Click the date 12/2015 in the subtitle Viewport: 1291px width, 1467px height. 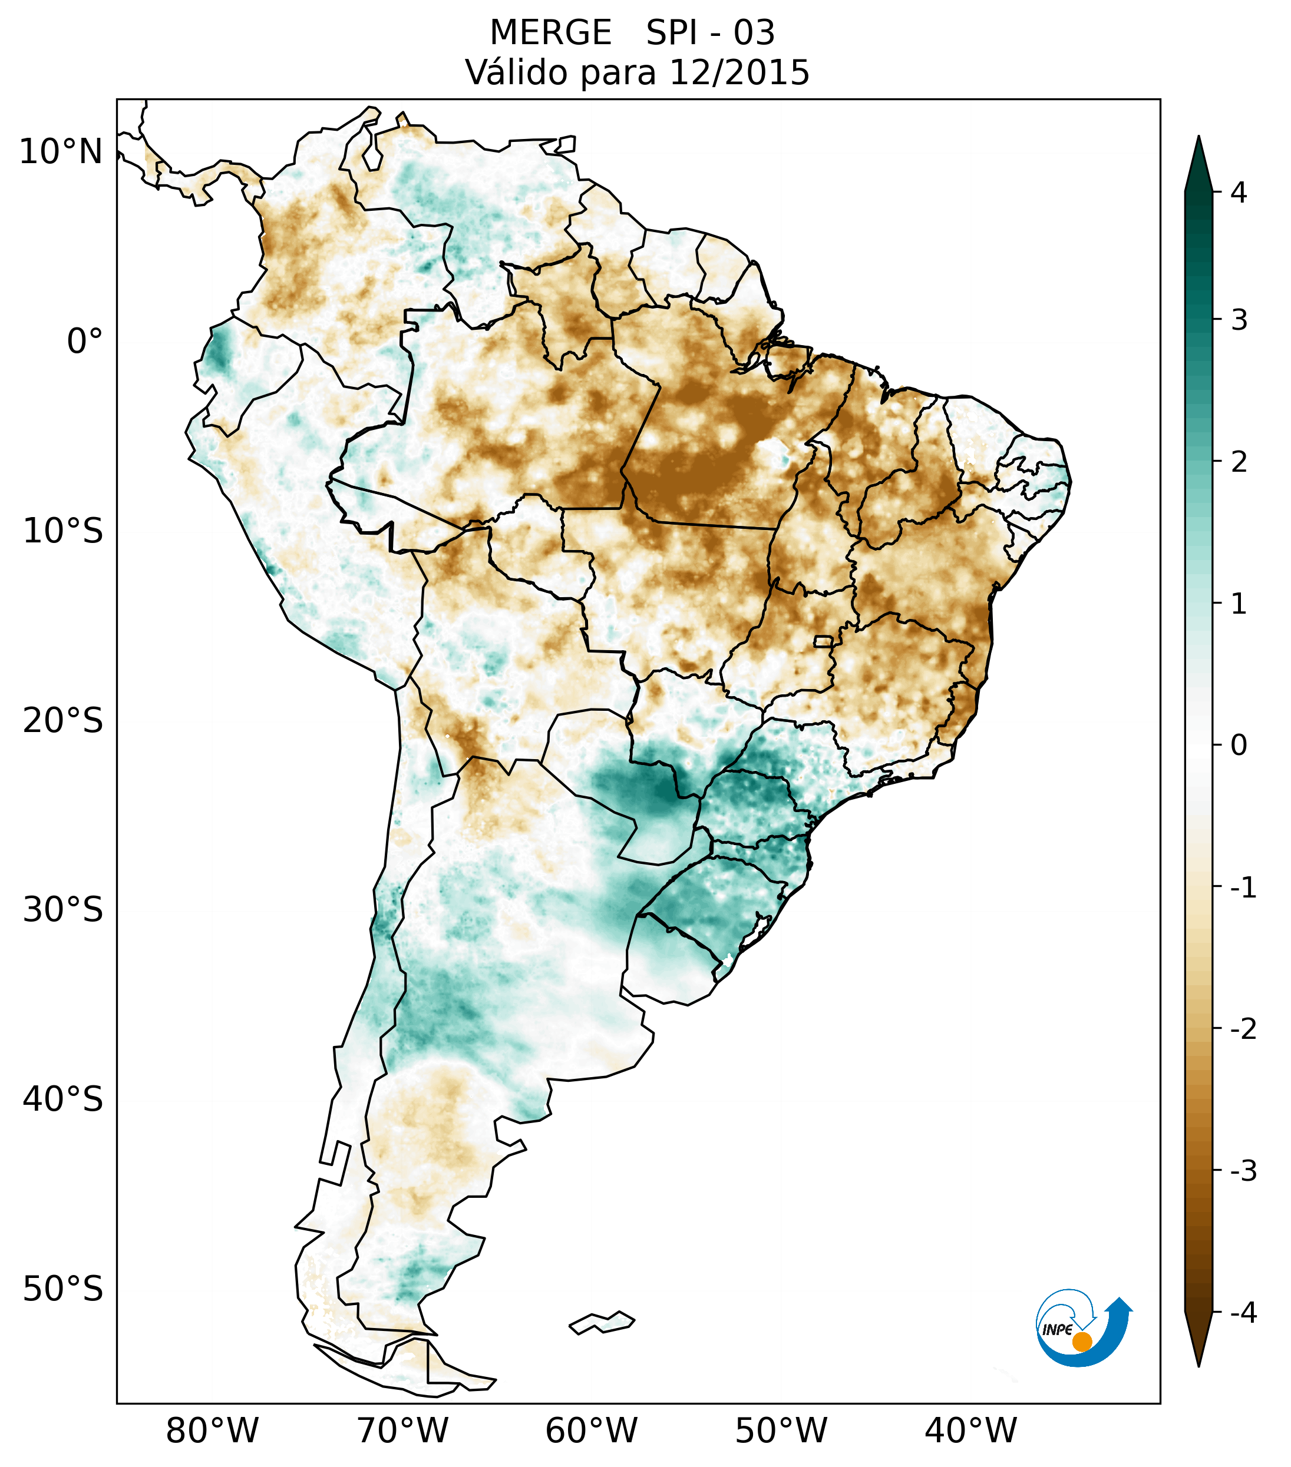(739, 72)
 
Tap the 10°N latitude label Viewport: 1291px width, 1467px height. (61, 152)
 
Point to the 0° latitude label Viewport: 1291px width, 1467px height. (85, 342)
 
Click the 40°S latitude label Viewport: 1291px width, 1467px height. (63, 1100)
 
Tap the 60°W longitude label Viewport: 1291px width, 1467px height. (591, 1430)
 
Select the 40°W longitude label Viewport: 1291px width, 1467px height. (971, 1430)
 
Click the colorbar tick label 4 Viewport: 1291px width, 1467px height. (1239, 193)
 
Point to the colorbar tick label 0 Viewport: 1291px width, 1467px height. (1239, 746)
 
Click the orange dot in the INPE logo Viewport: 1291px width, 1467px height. (1082, 1342)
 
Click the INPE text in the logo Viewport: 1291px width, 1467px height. (1058, 1330)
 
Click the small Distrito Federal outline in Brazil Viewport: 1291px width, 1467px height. (824, 641)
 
